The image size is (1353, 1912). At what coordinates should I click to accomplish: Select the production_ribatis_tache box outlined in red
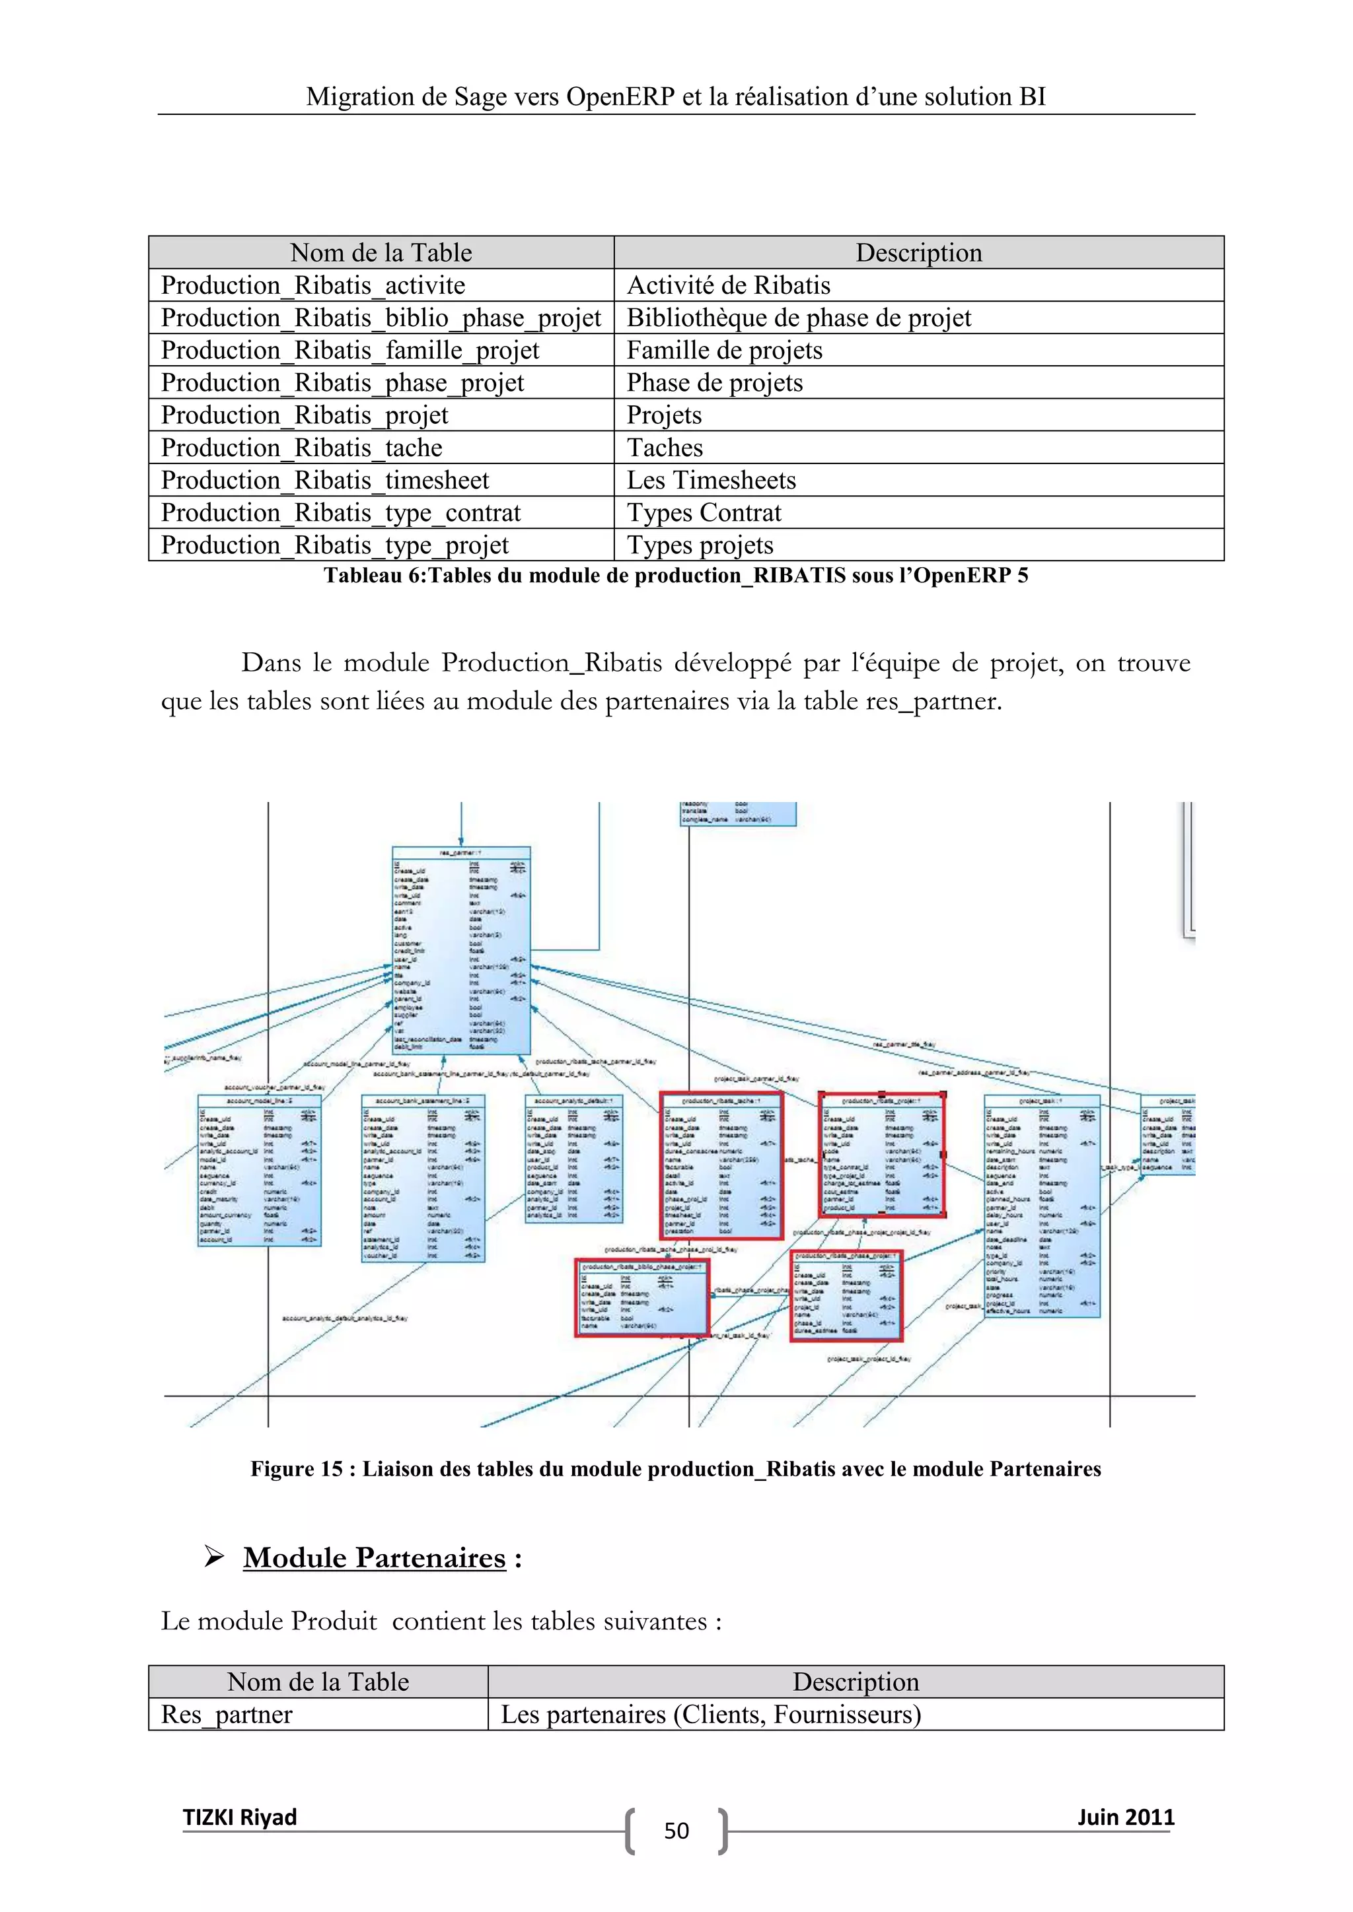pos(721,1166)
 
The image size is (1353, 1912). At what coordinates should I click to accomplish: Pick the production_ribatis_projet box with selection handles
pos(882,1155)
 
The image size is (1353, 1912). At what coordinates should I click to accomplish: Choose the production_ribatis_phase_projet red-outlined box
pos(846,1296)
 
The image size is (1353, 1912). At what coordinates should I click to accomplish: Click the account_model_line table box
pos(259,1170)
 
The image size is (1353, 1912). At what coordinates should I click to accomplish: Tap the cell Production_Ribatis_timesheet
pos(325,481)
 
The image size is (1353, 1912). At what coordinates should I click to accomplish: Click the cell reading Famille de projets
pos(724,351)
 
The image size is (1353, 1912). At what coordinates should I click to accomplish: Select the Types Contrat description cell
pos(704,513)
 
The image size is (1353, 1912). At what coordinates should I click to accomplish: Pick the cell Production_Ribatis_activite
pos(313,286)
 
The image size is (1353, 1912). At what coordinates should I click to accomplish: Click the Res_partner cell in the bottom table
pos(227,1715)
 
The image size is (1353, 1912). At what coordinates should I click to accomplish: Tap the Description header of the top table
pos(918,252)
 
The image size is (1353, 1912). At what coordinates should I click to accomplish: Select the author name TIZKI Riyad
pos(240,1817)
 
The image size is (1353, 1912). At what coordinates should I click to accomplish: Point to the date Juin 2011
pos(1126,1817)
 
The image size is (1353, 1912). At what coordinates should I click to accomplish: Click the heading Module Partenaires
pos(374,1558)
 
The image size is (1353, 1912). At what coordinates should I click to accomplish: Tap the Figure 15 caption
pos(676,1469)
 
